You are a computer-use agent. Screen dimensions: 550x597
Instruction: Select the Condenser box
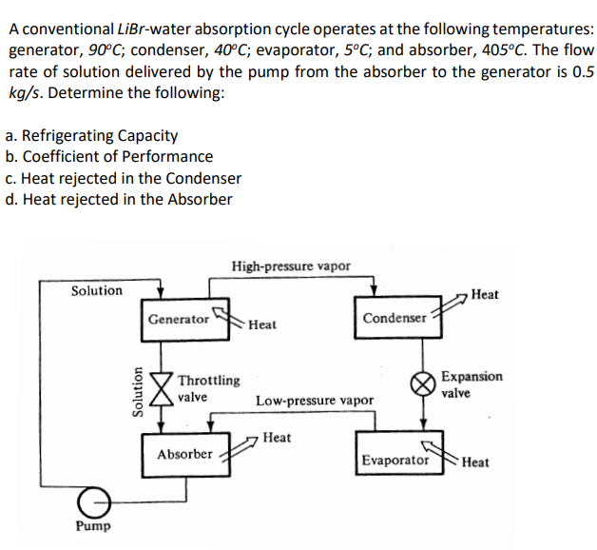(395, 318)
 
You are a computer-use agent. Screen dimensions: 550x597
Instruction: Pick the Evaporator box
(395, 461)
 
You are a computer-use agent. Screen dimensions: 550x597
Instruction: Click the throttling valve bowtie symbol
(163, 387)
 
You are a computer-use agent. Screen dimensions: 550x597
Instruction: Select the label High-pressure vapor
(291, 265)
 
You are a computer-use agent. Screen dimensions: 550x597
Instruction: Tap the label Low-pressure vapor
(315, 401)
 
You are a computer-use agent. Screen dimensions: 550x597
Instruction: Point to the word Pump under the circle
(93, 526)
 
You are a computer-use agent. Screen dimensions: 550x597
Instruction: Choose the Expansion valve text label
(472, 383)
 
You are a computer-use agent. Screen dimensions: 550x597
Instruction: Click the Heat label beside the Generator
(262, 324)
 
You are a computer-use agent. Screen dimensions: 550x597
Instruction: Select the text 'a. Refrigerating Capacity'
(91, 136)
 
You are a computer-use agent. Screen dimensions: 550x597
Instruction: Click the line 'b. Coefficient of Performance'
(109, 157)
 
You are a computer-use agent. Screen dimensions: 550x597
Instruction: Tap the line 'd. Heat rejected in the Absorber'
(119, 199)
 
